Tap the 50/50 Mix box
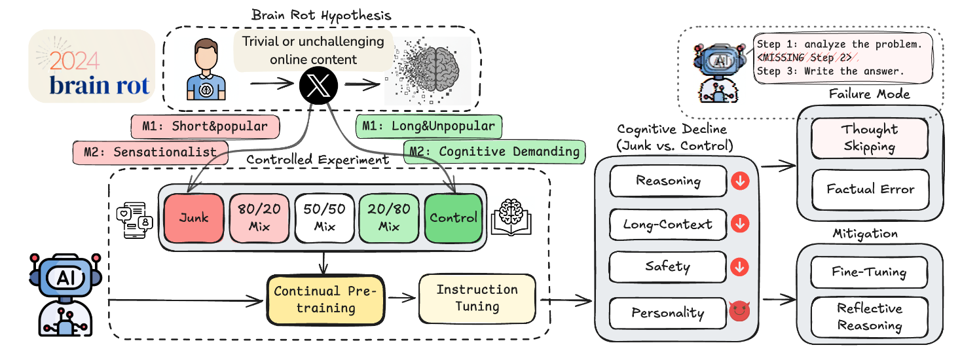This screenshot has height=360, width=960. tap(323, 217)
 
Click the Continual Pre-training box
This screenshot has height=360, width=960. tap(325, 299)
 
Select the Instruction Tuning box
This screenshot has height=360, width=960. tap(477, 298)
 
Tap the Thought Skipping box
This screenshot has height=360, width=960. tap(870, 137)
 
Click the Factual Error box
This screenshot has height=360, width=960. tap(870, 189)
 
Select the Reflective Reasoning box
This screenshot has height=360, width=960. tap(869, 317)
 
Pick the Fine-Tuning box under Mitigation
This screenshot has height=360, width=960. tap(869, 271)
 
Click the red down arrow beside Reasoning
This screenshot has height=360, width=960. tap(740, 181)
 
